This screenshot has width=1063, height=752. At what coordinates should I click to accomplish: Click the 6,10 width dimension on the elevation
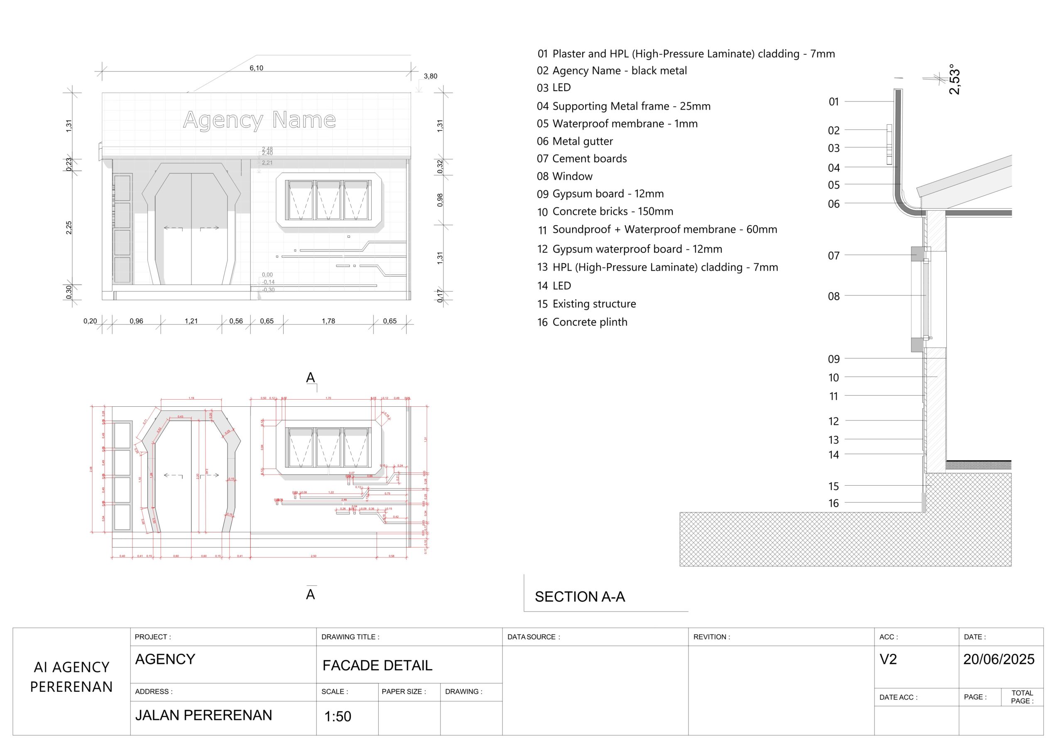[256, 68]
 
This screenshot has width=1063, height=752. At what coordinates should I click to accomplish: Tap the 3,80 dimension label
[430, 76]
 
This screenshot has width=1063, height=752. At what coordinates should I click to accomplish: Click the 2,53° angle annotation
[954, 80]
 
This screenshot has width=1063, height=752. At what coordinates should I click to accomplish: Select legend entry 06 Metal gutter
[575, 141]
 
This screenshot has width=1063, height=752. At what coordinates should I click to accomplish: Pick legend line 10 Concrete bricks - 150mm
[605, 212]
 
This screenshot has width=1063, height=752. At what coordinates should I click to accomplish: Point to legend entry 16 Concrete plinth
[582, 322]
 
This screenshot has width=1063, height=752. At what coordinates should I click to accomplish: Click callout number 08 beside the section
[833, 297]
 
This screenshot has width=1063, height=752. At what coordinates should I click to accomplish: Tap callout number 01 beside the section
[833, 102]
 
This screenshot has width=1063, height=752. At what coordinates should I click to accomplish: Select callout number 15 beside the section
[833, 487]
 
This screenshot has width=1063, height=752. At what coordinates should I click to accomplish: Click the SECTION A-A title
[580, 597]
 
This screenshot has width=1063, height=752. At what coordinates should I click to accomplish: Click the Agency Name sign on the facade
[259, 120]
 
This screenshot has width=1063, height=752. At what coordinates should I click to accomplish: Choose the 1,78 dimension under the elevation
[328, 321]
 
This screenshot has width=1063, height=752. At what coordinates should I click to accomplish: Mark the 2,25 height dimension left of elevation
[69, 228]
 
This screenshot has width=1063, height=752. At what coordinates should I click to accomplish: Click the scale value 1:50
[338, 717]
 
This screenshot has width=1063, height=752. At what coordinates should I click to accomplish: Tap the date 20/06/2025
[999, 659]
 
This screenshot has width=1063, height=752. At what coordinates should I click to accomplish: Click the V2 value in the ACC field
[888, 659]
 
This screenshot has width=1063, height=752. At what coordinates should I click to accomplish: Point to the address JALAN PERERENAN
[203, 715]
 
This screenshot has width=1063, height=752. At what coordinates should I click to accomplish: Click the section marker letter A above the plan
[310, 378]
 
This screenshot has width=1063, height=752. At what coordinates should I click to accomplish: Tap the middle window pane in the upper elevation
[328, 200]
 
